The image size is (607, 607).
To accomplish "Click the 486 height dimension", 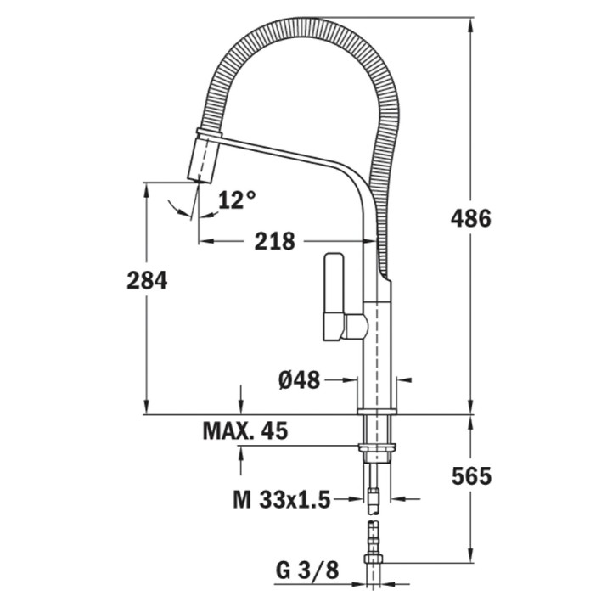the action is click(470, 218).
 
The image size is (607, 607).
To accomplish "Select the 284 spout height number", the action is click(147, 280).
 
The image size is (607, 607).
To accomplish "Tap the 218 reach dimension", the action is click(274, 241).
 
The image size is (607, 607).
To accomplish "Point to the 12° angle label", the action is click(237, 200).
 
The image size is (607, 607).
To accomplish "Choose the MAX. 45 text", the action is click(245, 430).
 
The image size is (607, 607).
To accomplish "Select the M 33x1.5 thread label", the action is click(282, 499).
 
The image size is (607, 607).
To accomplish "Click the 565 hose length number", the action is click(471, 475).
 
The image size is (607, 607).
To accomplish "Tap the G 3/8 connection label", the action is click(307, 570).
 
